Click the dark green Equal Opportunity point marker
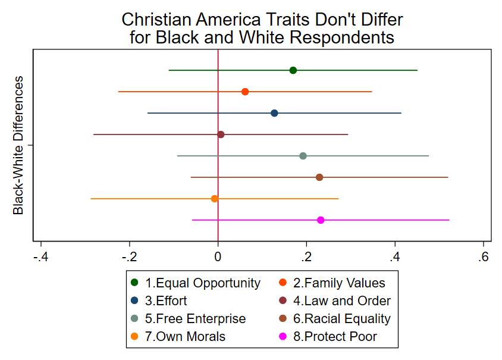[x=293, y=70]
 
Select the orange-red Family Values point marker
[x=245, y=92]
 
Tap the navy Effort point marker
[x=274, y=113]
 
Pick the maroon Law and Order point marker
[x=221, y=134]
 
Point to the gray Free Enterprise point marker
[x=303, y=156]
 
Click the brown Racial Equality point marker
[x=319, y=177]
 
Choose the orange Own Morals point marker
[x=215, y=199]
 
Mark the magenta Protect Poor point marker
[x=321, y=220]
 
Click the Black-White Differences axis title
[x=19, y=145]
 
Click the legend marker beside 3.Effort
[x=134, y=300]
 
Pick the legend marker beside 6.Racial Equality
[x=284, y=318]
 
